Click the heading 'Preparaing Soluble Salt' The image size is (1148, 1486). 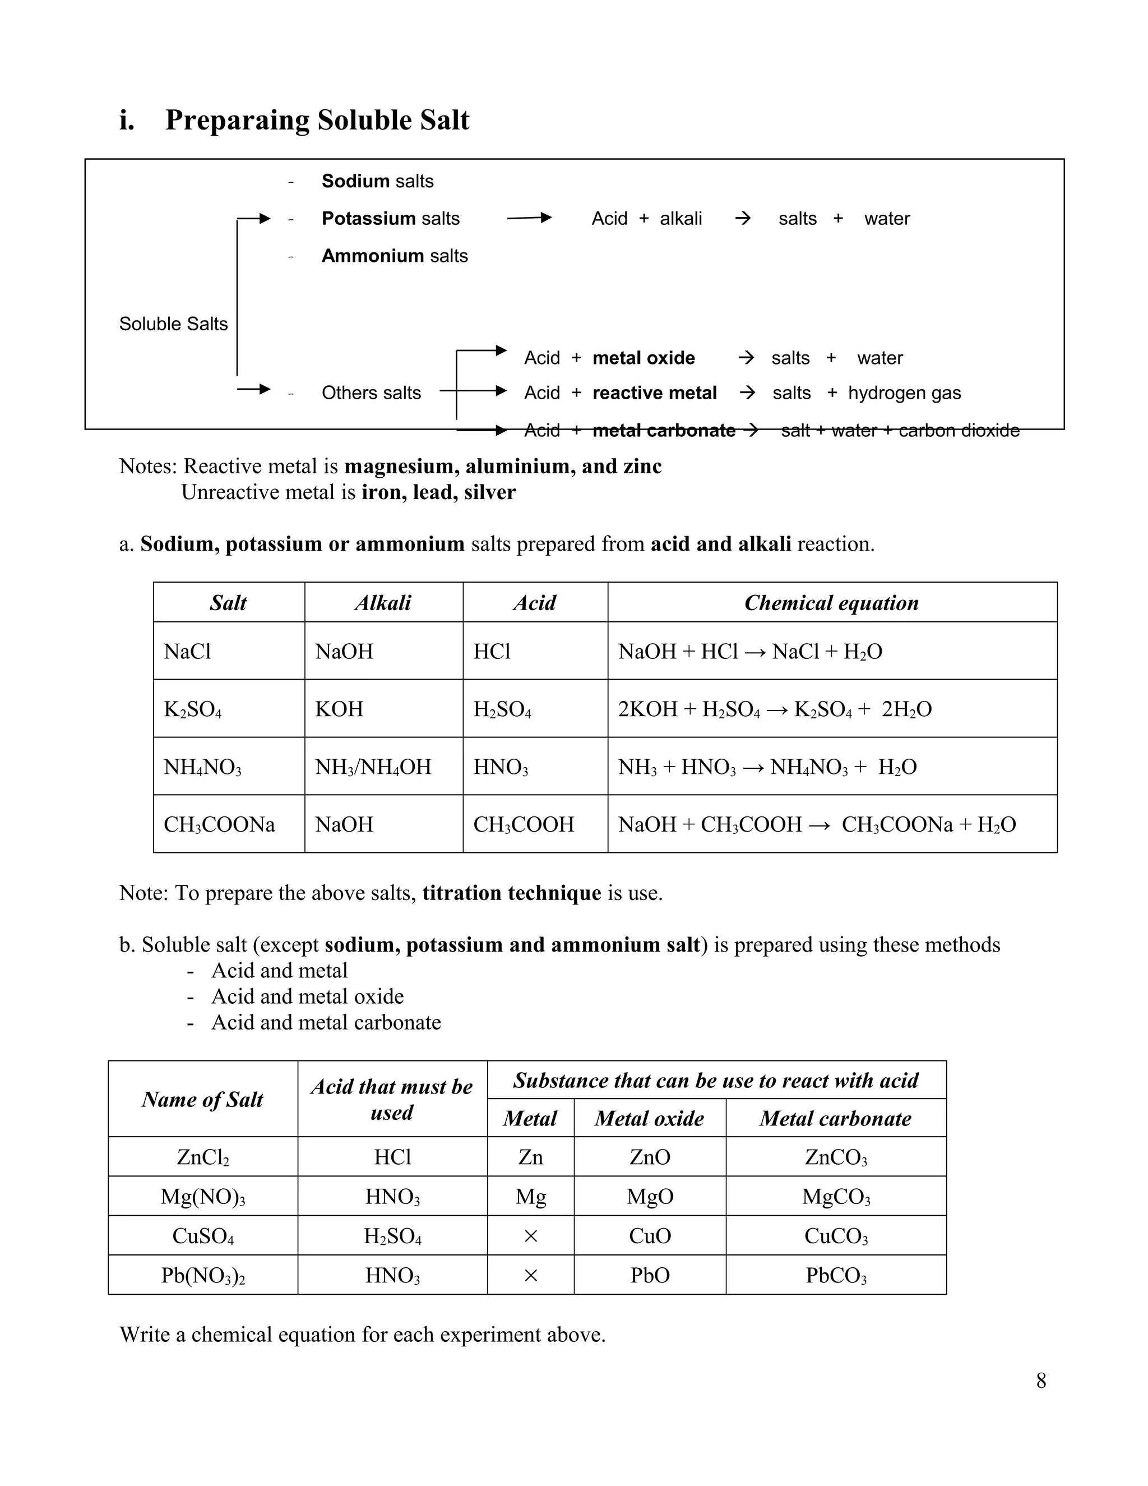[317, 121]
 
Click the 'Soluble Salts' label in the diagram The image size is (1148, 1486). [173, 324]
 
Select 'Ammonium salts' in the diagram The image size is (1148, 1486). [395, 256]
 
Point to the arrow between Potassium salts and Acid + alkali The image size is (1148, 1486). [529, 218]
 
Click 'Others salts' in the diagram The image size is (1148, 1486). [371, 393]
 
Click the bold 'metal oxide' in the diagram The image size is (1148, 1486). [644, 358]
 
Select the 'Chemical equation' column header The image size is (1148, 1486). [831, 603]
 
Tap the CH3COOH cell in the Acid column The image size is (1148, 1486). [524, 825]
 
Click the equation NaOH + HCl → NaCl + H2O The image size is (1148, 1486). [750, 652]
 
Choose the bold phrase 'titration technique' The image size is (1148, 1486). [511, 893]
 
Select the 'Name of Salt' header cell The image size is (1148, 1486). [203, 1100]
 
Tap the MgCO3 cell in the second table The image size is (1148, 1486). [836, 1197]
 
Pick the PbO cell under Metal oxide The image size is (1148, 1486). [650, 1275]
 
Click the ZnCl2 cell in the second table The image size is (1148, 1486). [203, 1157]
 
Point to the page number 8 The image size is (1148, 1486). [1040, 1381]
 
